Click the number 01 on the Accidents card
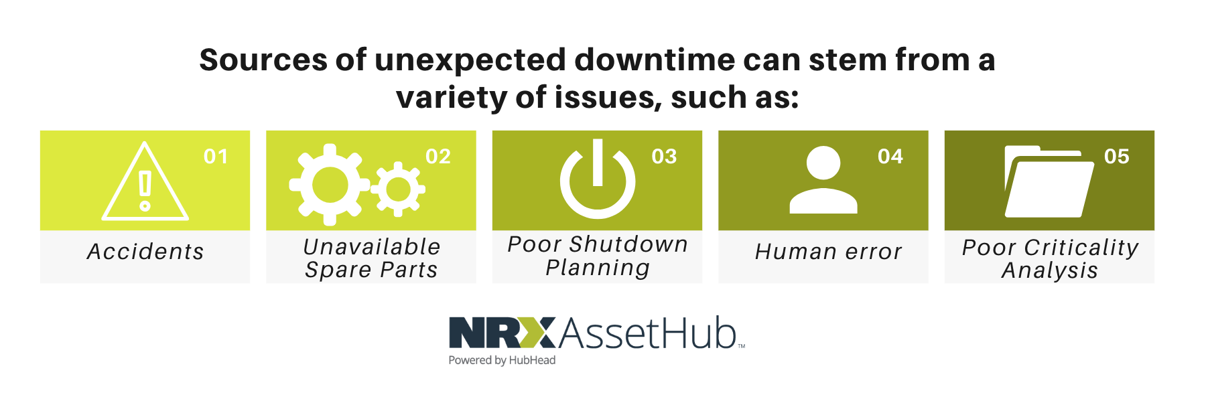216,157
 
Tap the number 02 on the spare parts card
438,157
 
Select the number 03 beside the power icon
664,157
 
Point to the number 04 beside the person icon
890,157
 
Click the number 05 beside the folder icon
1117,157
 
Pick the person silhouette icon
823,179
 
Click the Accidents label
145,252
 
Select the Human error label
828,252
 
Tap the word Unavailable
372,247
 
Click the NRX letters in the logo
503,333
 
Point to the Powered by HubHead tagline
502,360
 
